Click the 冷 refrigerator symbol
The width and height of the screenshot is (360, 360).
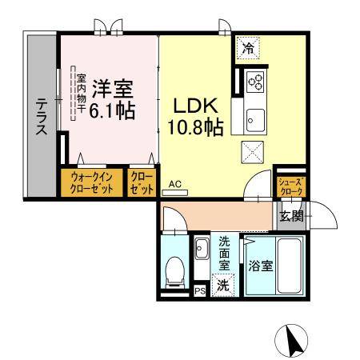[x=248, y=49]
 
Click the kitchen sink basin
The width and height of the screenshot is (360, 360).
[x=257, y=120]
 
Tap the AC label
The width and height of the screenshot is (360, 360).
[x=176, y=183]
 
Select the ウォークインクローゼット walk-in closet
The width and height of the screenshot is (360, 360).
[x=90, y=182]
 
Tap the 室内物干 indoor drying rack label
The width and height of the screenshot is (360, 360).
[x=81, y=93]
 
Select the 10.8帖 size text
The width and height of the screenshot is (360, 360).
[x=195, y=126]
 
